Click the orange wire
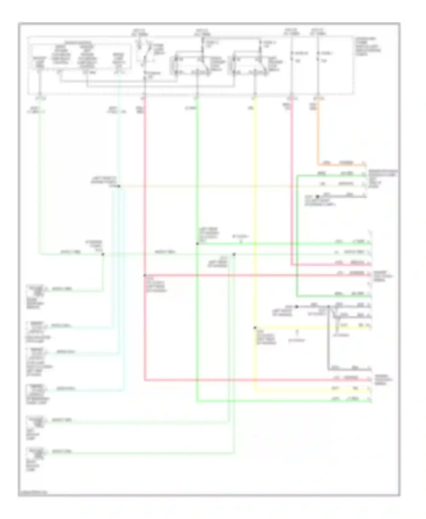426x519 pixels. [x=318, y=133]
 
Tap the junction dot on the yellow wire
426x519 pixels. [x=255, y=328]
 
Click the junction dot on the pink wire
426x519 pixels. [x=145, y=275]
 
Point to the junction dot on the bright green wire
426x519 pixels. [x=197, y=244]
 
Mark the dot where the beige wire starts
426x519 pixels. [x=119, y=186]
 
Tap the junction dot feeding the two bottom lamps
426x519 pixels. [x=234, y=254]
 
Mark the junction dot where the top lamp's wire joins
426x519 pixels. [x=103, y=254]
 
